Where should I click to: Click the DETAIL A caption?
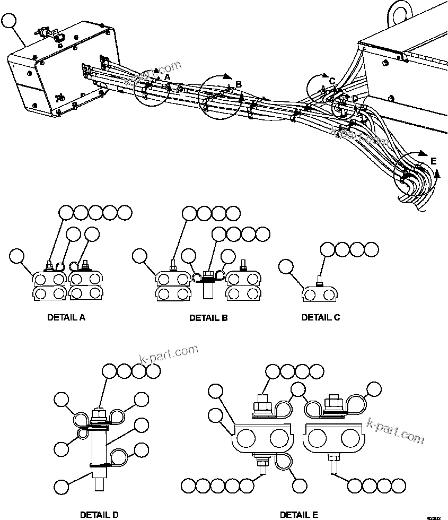tap(66, 318)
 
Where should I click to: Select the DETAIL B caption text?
tap(208, 318)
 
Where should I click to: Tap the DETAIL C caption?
tap(321, 317)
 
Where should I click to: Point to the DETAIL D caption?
tap(99, 514)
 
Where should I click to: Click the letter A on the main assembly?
tap(167, 77)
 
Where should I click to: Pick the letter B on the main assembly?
tap(239, 84)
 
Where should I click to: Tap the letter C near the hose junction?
tap(332, 81)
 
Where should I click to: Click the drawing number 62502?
tap(434, 516)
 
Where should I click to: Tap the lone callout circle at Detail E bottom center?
tap(301, 484)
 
